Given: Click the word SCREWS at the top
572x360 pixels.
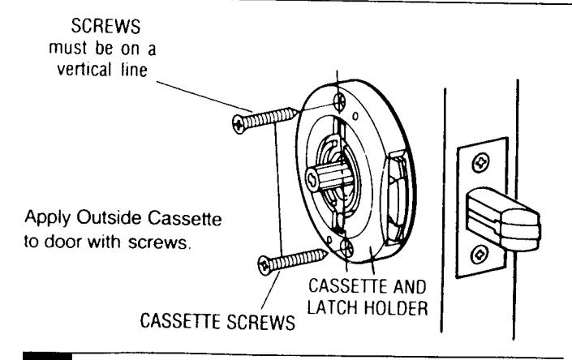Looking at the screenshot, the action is [105, 26].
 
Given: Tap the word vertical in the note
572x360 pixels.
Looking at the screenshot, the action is [84, 69].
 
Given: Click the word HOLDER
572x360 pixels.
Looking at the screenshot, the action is [396, 308].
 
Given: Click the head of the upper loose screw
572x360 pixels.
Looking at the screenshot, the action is [239, 124].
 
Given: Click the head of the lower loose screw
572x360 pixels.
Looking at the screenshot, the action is [264, 265].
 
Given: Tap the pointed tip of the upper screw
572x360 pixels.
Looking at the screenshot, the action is [297, 112].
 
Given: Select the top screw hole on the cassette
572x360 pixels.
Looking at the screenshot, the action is [340, 100].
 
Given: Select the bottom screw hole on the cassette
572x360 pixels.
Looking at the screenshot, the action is [346, 248].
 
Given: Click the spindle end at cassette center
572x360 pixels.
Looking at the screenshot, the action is [312, 179].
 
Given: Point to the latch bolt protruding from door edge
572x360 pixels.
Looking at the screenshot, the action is [503, 219].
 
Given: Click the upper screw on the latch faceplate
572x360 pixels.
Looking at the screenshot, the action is [481, 162].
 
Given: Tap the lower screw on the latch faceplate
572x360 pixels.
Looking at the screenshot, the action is [479, 255].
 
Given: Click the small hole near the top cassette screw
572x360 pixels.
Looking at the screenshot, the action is [355, 116].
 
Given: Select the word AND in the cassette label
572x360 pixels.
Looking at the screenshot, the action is [410, 286].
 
